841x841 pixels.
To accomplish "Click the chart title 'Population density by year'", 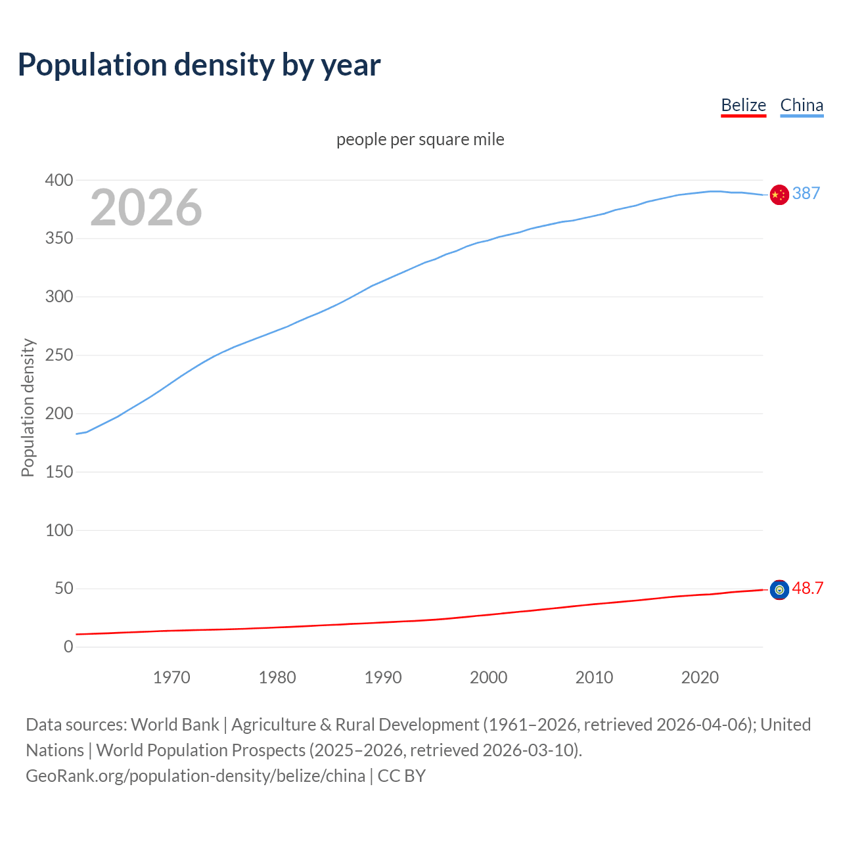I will (x=199, y=65).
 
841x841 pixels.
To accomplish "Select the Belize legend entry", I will (x=743, y=105).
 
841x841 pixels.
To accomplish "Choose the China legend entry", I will (x=801, y=105).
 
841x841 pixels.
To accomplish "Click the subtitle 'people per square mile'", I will (x=420, y=139).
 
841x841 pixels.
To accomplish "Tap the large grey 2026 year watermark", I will (x=146, y=208).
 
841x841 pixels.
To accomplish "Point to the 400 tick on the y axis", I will (x=59, y=180).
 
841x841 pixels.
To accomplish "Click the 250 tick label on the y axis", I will (x=59, y=355).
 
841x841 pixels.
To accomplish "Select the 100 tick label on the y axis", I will (x=59, y=530).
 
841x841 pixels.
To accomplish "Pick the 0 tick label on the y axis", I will (x=68, y=647).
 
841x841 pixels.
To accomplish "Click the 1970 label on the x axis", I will (x=171, y=677).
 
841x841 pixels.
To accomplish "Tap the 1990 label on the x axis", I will (x=383, y=677).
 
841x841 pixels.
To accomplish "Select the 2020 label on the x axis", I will (x=700, y=677).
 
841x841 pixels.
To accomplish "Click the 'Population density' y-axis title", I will (x=28, y=407).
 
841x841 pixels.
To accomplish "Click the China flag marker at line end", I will (x=779, y=194).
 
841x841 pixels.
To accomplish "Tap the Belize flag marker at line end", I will (x=779, y=590).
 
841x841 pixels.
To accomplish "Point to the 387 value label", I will (x=806, y=193).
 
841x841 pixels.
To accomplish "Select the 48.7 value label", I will (x=807, y=588).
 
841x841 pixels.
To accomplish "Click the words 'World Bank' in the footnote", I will (x=175, y=725).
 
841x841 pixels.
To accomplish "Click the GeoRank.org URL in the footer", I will (x=195, y=776).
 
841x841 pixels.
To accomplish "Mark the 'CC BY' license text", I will (x=401, y=776).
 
